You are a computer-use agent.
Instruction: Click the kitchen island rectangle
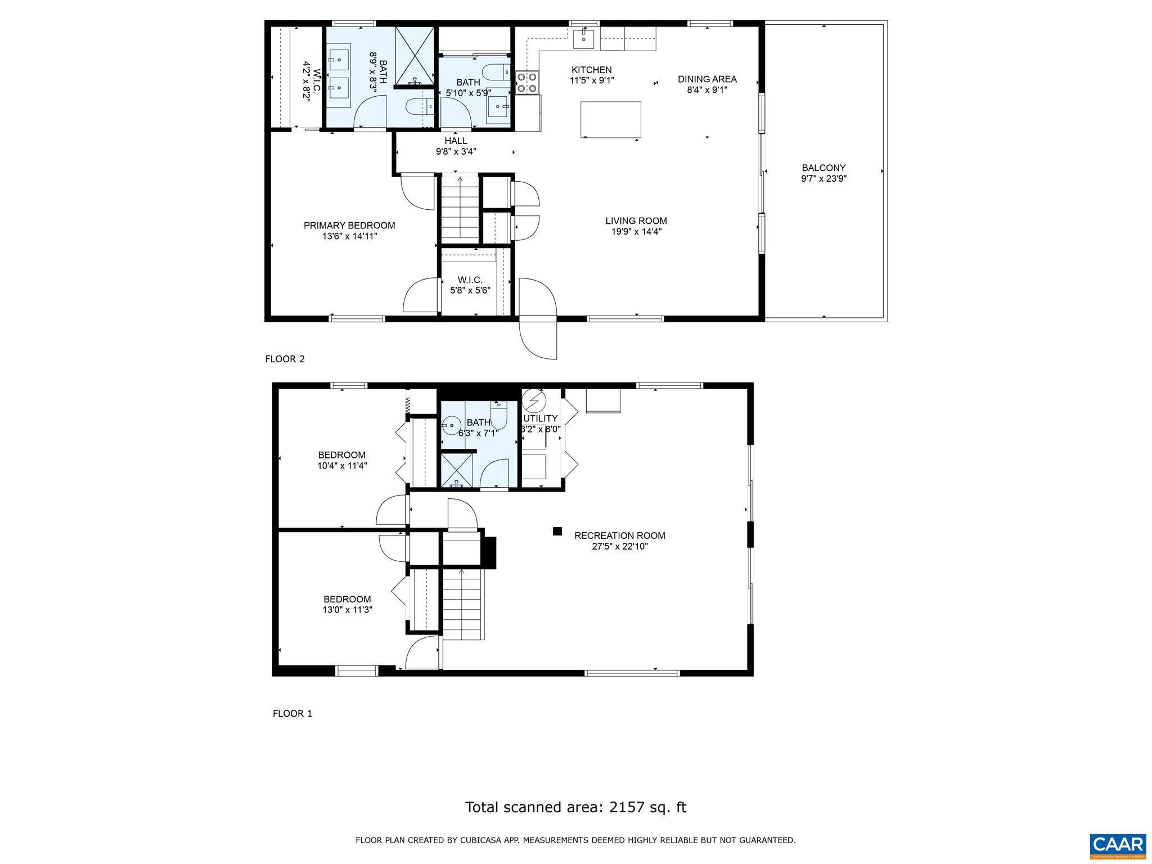tap(610, 119)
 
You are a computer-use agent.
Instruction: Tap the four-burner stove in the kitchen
tap(527, 83)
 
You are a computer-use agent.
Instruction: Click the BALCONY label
tap(823, 168)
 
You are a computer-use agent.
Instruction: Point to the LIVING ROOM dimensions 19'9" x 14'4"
tap(636, 231)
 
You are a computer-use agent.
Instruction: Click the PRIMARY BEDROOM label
tap(349, 226)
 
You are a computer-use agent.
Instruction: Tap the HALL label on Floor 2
tap(456, 141)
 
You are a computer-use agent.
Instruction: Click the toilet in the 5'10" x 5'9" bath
tap(497, 73)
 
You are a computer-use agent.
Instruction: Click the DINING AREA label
tap(707, 79)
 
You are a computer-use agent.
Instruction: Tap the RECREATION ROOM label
tap(619, 535)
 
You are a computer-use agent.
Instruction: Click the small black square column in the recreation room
tap(557, 530)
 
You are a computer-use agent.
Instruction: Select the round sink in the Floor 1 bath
tap(451, 425)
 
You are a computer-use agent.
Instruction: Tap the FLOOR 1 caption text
tap(292, 713)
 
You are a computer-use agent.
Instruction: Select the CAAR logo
tap(1118, 845)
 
